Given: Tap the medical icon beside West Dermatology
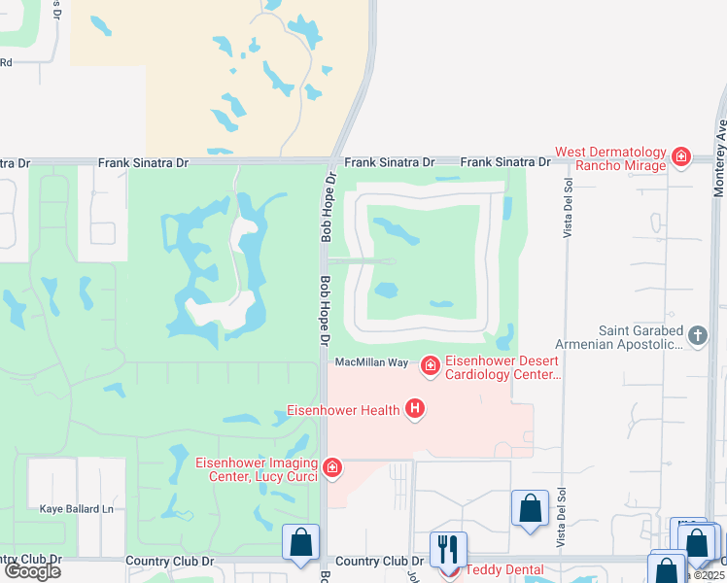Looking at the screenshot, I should pyautogui.click(x=681, y=155).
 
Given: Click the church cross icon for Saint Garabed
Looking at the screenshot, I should pyautogui.click(x=697, y=336).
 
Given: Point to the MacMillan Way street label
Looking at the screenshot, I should pyautogui.click(x=371, y=362).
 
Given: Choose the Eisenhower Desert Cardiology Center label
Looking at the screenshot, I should pyautogui.click(x=503, y=367).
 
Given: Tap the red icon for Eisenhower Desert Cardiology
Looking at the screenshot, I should pyautogui.click(x=430, y=365).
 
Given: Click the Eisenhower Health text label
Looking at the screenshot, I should pyautogui.click(x=342, y=410).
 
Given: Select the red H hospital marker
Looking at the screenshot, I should pyautogui.click(x=415, y=409).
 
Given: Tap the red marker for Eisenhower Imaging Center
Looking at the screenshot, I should pyautogui.click(x=333, y=468).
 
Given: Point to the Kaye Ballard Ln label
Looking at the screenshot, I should pyautogui.click(x=77, y=508).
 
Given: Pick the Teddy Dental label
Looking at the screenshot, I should pyautogui.click(x=504, y=570).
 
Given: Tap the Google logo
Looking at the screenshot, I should pyautogui.click(x=33, y=570).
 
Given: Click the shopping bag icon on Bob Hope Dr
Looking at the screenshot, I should pyautogui.click(x=301, y=541).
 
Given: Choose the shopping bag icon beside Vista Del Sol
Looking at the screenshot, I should pyautogui.click(x=530, y=508).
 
